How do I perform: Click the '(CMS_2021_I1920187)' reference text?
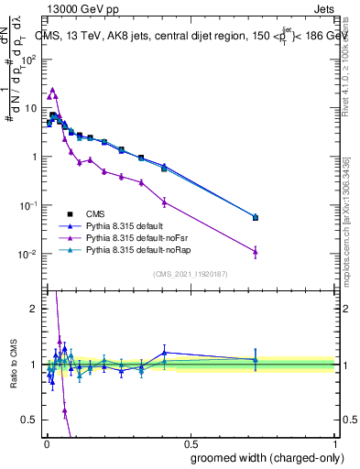[x=190, y=273]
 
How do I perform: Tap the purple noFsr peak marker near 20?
[x=53, y=91]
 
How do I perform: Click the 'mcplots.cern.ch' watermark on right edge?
[x=352, y=229]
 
